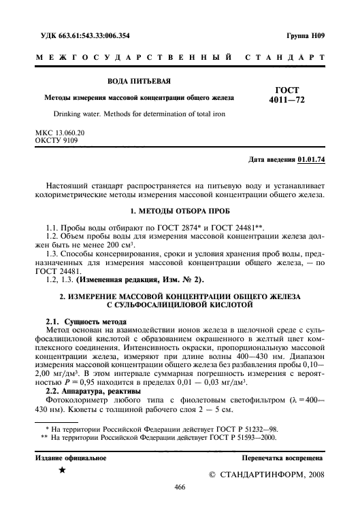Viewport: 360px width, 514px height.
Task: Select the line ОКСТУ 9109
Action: click(55, 141)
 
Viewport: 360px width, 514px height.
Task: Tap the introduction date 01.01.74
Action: click(312, 160)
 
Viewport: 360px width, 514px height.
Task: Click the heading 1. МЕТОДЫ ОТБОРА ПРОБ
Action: click(180, 211)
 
